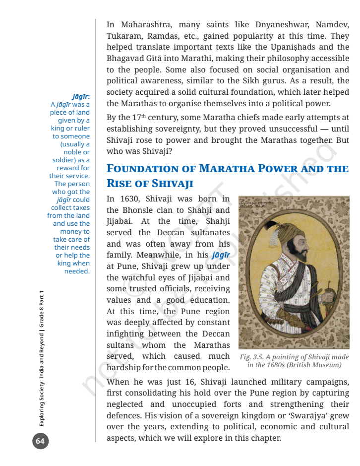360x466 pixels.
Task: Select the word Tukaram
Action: coord(123,36)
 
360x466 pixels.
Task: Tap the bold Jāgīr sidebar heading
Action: coord(80,96)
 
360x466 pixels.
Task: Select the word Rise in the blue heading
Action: coord(119,184)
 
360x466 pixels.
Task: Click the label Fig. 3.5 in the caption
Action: coord(252,357)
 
